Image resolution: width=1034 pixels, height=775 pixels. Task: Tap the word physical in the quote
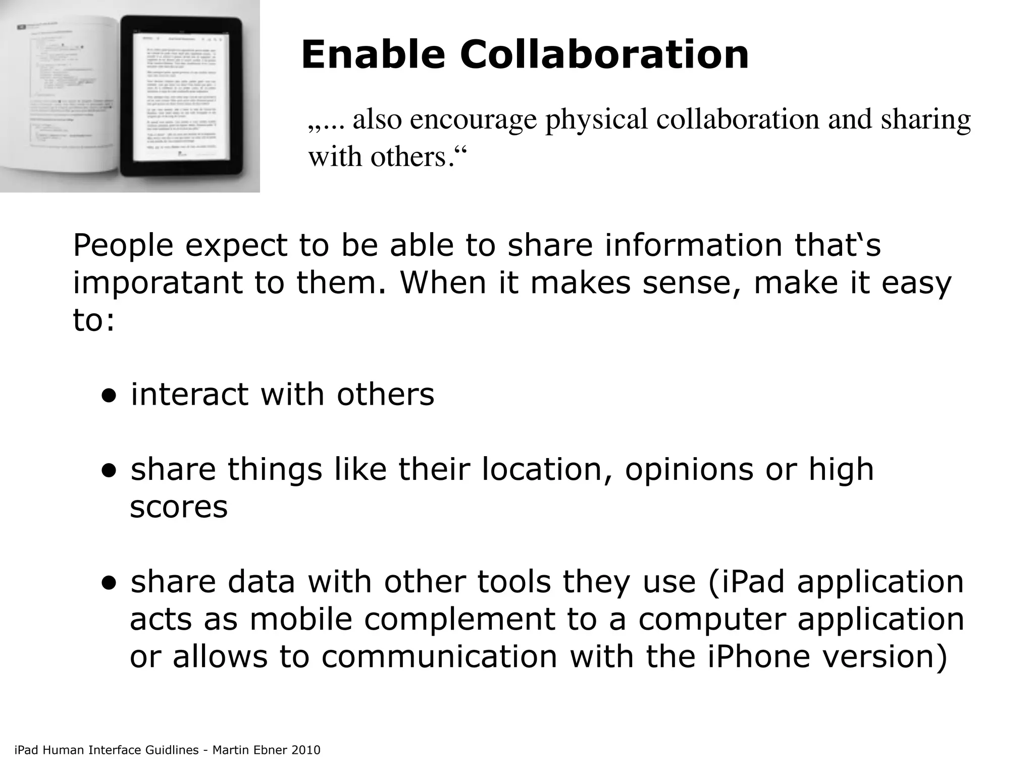[x=596, y=120]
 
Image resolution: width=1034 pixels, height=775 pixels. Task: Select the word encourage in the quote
[x=473, y=121]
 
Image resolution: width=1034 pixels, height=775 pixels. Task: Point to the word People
[x=123, y=246]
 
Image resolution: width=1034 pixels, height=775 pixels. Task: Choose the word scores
[x=179, y=507]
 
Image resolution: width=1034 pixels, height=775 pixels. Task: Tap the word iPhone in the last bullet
[x=759, y=656]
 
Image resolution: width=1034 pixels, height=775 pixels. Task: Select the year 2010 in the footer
[x=306, y=750]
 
